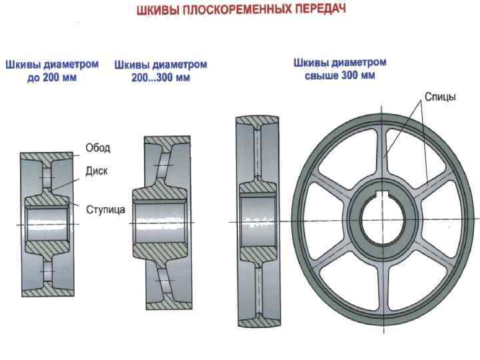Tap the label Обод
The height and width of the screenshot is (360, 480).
[97, 147]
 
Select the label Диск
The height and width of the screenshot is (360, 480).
[97, 171]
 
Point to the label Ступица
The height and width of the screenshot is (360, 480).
[105, 209]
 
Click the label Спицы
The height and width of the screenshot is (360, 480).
[440, 97]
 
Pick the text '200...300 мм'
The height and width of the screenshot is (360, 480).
[161, 78]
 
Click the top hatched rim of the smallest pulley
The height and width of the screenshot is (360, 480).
[48, 158]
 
